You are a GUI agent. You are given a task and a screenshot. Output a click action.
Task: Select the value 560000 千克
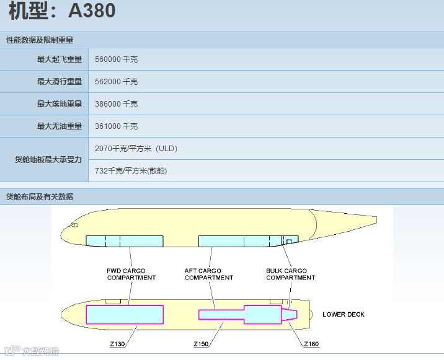(116, 59)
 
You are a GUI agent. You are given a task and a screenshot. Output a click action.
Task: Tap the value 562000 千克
(116, 82)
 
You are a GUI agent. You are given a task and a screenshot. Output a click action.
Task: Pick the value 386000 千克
(116, 104)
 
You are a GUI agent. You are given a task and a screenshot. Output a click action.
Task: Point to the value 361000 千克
(116, 126)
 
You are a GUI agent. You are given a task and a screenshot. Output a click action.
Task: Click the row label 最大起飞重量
(60, 59)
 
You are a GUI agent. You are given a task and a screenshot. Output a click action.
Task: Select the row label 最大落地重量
(60, 104)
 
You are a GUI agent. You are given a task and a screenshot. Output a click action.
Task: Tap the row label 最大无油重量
(60, 126)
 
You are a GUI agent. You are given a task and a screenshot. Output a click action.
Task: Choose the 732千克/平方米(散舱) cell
(130, 171)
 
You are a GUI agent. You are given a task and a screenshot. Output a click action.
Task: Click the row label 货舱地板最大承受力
(48, 160)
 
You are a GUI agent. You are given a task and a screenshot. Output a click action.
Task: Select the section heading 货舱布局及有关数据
(40, 196)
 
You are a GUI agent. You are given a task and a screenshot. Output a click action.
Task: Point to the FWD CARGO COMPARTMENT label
(131, 274)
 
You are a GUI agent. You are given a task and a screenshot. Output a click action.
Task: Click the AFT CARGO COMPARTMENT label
(208, 274)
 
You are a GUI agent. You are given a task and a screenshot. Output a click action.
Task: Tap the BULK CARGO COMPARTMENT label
(290, 274)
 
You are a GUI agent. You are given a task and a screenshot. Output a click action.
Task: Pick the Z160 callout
(311, 344)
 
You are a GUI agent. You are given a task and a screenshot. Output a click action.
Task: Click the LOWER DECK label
(344, 314)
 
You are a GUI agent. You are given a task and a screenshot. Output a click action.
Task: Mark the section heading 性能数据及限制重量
(40, 40)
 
